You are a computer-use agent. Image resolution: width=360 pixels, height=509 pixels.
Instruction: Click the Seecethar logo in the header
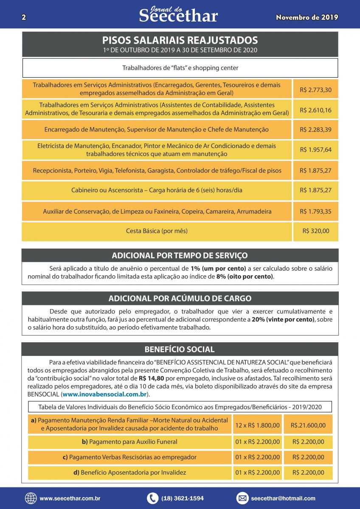pos(178,15)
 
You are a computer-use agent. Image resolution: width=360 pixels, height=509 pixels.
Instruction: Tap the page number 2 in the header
pos(24,17)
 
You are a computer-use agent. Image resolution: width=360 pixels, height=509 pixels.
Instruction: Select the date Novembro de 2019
pos(307,17)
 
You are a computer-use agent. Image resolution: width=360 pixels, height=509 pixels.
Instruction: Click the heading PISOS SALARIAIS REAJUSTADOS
pos(180,40)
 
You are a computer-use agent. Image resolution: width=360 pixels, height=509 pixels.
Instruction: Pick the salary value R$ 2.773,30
pos(315,89)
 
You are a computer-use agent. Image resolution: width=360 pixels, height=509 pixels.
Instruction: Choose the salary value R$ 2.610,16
pos(315,110)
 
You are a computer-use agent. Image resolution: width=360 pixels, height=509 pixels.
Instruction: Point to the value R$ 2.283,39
pos(315,129)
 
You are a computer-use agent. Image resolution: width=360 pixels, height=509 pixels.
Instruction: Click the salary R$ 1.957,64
pos(315,150)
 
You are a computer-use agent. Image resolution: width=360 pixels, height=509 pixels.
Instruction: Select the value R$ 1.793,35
pos(315,211)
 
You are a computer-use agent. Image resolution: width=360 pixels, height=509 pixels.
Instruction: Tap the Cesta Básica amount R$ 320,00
pos(315,231)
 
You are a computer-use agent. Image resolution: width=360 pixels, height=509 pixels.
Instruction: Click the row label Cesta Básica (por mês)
pos(157,231)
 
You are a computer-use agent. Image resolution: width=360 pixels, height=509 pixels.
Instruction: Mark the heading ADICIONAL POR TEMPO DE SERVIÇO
pos(180,255)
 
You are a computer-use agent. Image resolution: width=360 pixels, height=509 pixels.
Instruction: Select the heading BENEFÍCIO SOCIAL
pos(180,350)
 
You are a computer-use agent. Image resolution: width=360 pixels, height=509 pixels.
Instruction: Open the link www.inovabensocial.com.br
pos(105,394)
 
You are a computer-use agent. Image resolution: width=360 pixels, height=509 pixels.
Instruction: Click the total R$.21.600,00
pos(309,425)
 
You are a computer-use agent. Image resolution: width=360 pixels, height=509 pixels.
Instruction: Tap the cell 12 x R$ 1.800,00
pos(258,425)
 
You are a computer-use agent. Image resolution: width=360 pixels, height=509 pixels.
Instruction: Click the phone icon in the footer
pos(152,498)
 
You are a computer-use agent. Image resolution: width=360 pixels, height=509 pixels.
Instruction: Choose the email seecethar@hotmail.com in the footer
pos(283,498)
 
